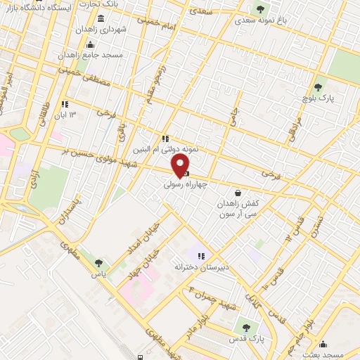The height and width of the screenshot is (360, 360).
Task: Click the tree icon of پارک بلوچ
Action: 319,87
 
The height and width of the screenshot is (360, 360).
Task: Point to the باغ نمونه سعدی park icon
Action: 261,9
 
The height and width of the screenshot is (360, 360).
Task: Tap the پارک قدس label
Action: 245,337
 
